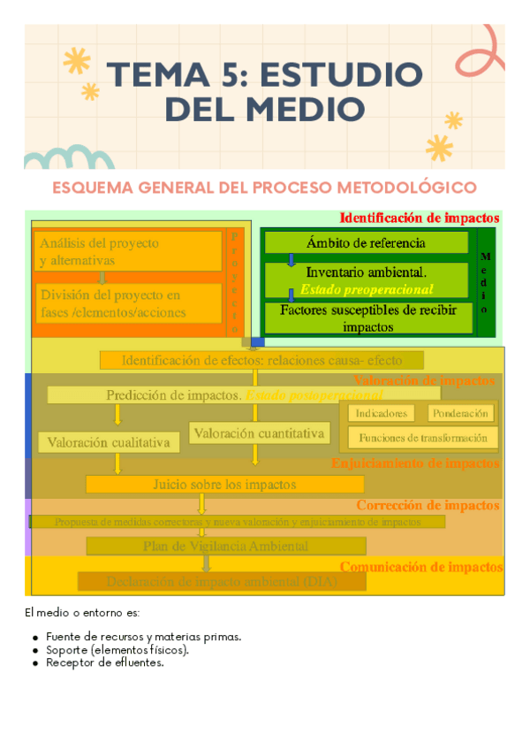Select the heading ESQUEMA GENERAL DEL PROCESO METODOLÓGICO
tap(265, 187)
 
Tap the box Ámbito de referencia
tap(366, 243)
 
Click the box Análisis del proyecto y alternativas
tap(128, 251)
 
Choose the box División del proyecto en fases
tap(128, 303)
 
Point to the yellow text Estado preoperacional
tap(366, 289)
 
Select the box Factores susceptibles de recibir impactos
tap(367, 318)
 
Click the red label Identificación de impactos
tap(420, 218)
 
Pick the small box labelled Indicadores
tap(382, 413)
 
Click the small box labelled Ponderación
tap(461, 413)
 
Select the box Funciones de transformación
tap(422, 438)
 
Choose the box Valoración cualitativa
tap(108, 442)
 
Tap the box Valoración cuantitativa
tap(260, 433)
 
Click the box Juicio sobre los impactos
tap(224, 484)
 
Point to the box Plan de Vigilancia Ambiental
tap(225, 546)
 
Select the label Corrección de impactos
tap(428, 506)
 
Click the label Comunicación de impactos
tap(421, 567)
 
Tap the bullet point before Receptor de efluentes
tap(34, 663)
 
